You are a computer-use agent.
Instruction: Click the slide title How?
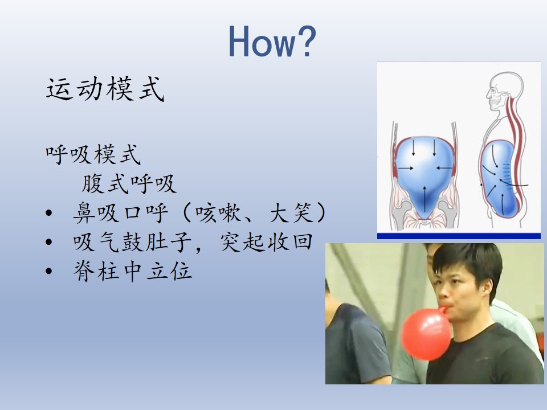(x=272, y=41)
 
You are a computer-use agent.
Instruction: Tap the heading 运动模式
(x=105, y=89)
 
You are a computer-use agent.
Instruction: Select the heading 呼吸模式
(x=93, y=154)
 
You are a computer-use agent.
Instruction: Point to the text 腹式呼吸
(x=129, y=183)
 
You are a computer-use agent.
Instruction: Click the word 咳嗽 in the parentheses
(x=218, y=212)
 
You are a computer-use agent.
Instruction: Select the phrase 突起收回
(x=267, y=242)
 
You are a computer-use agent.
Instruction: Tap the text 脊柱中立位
(x=133, y=271)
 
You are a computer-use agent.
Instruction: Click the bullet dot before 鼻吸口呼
(x=49, y=213)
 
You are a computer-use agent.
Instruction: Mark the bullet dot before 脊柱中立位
(x=49, y=271)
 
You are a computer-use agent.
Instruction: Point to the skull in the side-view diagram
(x=505, y=91)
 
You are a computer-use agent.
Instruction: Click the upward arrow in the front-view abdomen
(x=424, y=199)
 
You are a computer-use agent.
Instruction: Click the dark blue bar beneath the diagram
(x=459, y=236)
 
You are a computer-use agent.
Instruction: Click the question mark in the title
(x=306, y=41)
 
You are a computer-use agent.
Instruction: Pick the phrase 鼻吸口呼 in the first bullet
(x=120, y=212)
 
